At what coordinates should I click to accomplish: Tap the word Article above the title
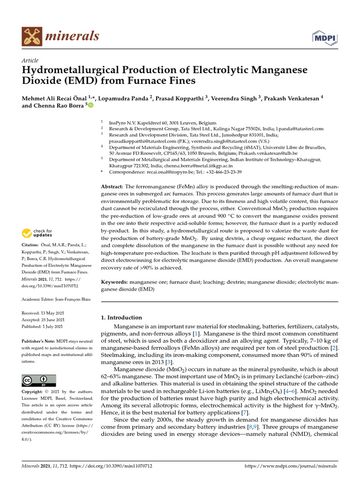[x=30, y=60]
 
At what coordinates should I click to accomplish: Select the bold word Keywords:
[x=114, y=283]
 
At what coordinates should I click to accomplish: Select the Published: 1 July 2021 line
[x=43, y=326]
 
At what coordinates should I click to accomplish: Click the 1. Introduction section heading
[x=121, y=317]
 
